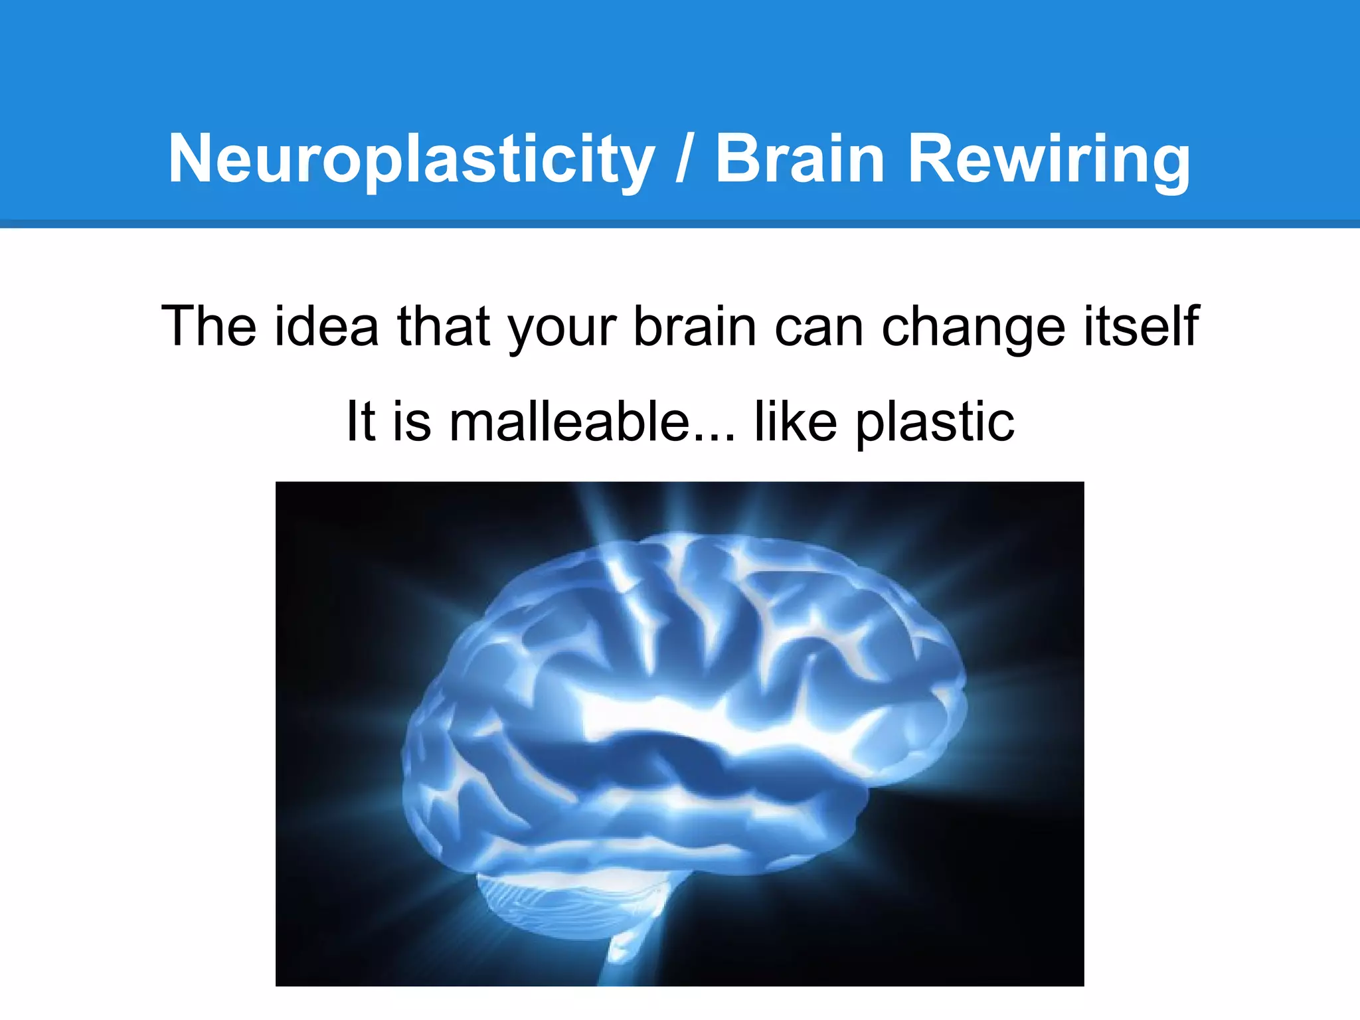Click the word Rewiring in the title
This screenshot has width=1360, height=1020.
click(1049, 159)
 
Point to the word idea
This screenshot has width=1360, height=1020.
click(326, 326)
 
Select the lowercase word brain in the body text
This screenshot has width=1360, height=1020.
click(695, 326)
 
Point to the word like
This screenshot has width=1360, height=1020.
click(796, 421)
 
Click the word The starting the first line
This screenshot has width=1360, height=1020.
click(209, 326)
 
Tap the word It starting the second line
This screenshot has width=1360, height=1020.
click(361, 421)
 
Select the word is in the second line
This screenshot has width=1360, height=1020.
click(412, 421)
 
